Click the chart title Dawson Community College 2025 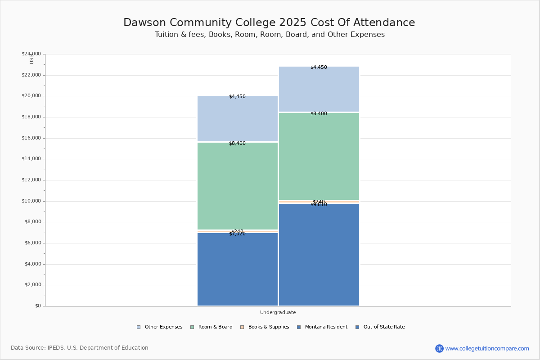click(269, 23)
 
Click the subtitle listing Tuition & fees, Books click(270, 35)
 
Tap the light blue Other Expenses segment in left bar click(238, 119)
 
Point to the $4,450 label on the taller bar click(319, 67)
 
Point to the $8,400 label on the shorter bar click(237, 144)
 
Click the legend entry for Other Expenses click(160, 327)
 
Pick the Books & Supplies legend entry click(265, 327)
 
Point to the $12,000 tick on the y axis click(31, 180)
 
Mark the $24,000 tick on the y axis click(31, 54)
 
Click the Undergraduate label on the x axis click(278, 312)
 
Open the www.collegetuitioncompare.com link click(487, 348)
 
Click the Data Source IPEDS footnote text click(80, 348)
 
